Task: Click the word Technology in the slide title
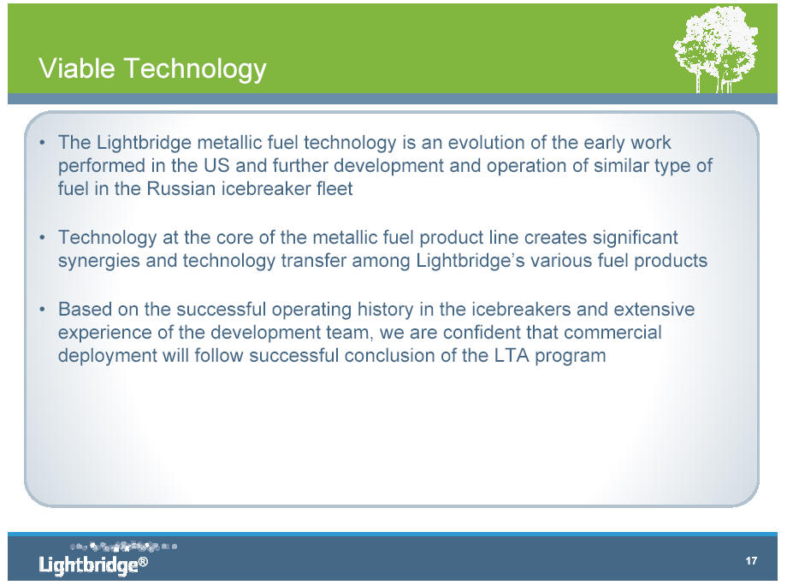195,70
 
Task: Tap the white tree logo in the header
716,50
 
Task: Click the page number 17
751,561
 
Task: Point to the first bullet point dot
43,143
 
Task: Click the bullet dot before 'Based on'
43,310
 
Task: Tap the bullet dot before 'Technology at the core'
43,238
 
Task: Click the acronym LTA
512,356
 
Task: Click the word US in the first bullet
216,166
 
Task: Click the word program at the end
571,357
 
